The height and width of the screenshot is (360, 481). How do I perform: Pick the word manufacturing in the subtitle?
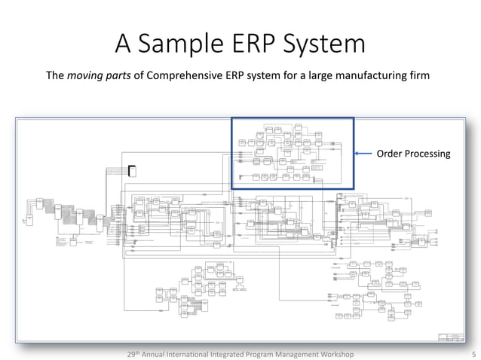381,75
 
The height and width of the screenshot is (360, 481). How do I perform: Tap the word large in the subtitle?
329,75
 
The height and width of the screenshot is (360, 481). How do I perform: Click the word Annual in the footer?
161,353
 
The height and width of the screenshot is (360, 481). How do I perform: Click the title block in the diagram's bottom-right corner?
451,337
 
